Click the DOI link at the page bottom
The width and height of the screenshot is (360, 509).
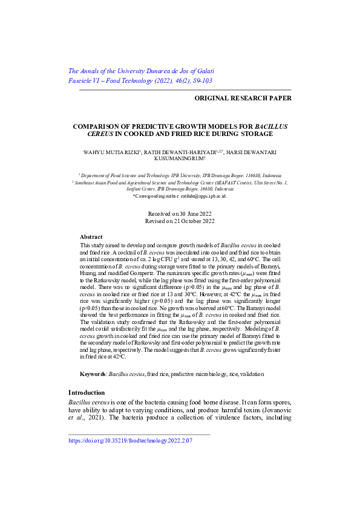pos(130,441)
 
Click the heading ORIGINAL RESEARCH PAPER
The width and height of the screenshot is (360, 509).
pos(243,97)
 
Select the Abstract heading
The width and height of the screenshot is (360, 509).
pos(91,237)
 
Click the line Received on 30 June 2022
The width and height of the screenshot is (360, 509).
pos(180,214)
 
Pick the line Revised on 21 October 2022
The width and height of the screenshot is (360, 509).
pos(180,221)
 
